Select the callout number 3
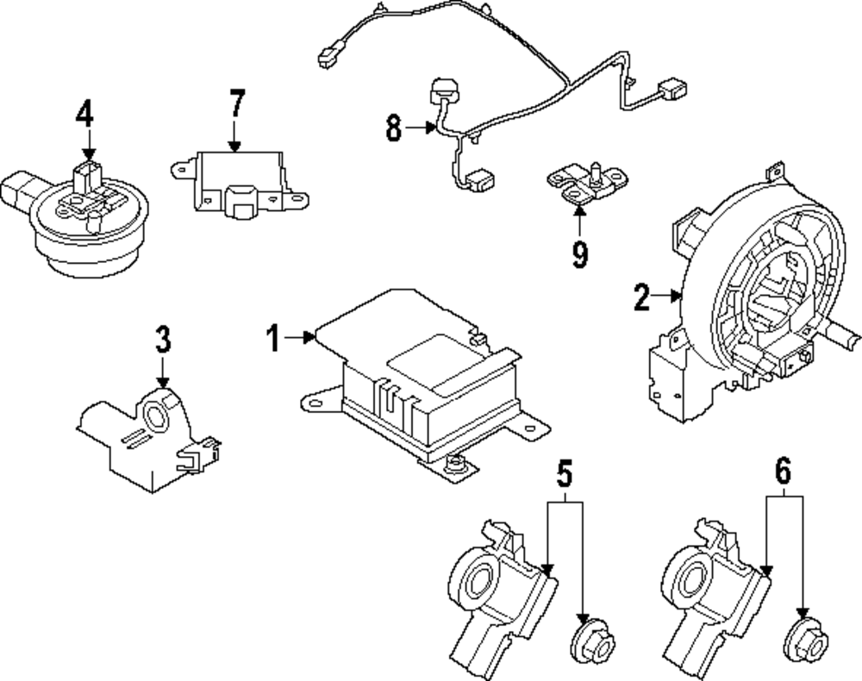(163, 340)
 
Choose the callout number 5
(564, 473)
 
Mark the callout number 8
(394, 129)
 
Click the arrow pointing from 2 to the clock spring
(668, 297)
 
